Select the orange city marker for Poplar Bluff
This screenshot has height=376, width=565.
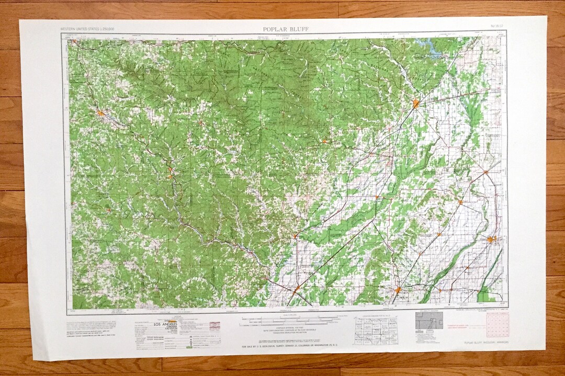[415, 104]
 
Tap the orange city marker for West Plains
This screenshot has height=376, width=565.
[99, 112]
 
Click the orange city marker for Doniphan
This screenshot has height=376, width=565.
[324, 141]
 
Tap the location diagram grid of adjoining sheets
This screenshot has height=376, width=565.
[375, 331]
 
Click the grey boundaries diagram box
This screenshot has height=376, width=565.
[429, 321]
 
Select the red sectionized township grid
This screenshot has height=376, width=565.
[498, 325]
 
